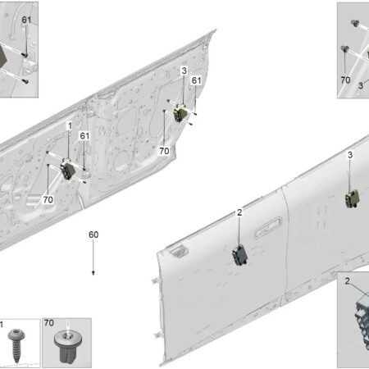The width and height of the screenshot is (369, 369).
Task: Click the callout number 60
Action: (93, 235)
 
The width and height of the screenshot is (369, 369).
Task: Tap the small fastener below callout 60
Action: (93, 273)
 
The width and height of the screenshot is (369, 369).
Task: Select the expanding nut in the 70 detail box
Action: (68, 346)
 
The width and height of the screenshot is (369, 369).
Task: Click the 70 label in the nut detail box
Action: (49, 323)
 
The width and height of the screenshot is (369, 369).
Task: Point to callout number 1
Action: (70, 125)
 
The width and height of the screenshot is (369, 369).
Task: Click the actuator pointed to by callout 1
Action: (68, 170)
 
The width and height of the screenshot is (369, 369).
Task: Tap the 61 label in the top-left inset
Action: (26, 20)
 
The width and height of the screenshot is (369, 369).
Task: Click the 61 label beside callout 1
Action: (84, 135)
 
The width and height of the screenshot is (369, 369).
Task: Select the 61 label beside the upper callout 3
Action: (196, 80)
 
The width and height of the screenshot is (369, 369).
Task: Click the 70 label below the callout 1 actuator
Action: (48, 199)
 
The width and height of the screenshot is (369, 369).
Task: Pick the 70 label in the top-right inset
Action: (345, 80)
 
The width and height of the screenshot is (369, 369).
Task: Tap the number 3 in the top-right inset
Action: (361, 85)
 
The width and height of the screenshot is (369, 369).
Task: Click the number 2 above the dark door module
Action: (239, 212)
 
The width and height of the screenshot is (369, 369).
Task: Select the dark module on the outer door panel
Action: (240, 256)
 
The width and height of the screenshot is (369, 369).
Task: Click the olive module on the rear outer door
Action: (353, 198)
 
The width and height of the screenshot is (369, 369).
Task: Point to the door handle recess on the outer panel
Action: (268, 227)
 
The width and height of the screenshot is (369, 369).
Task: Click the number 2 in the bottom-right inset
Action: (347, 281)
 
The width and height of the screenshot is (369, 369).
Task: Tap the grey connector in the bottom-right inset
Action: (362, 320)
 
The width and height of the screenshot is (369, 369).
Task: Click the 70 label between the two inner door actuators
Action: (164, 151)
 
